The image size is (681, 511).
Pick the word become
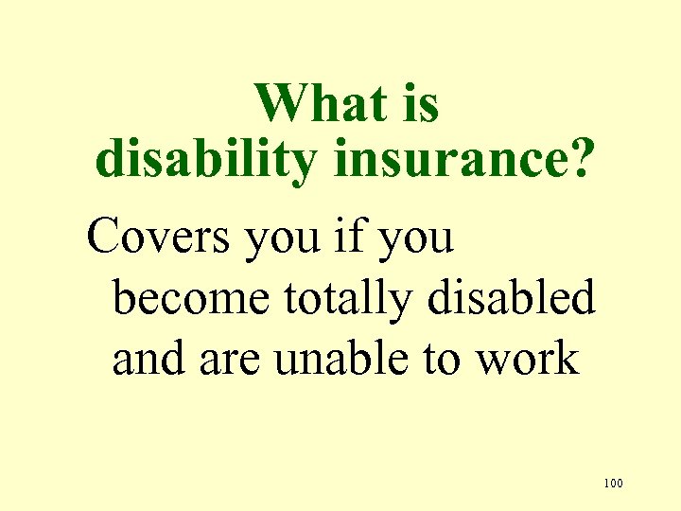click(x=192, y=299)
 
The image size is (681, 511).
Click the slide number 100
click(x=612, y=485)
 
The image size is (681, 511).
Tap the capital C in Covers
click(x=104, y=237)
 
